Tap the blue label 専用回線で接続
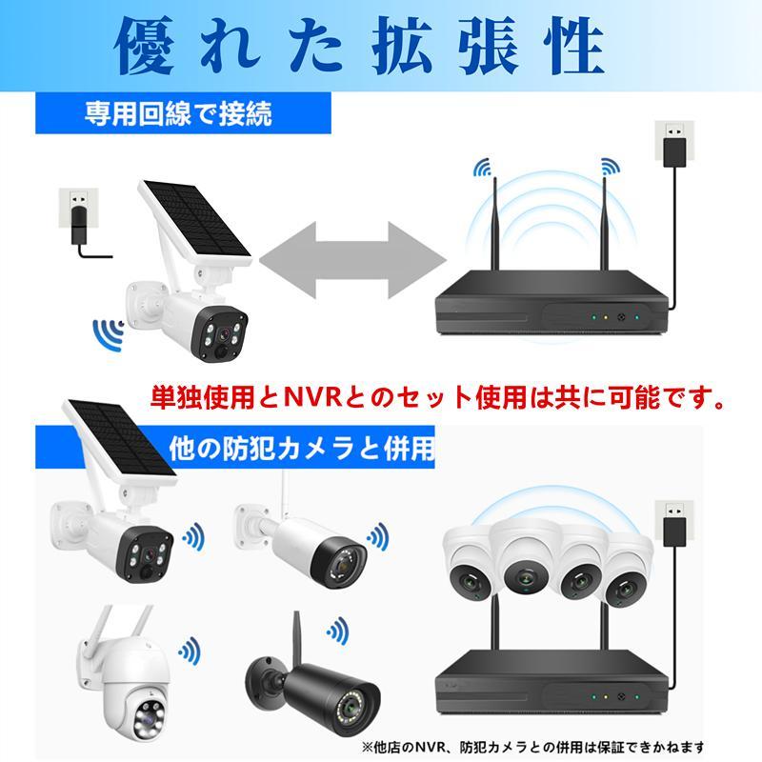pos(177,115)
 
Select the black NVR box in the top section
pos(552,303)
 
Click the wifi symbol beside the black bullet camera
pos(337,630)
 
